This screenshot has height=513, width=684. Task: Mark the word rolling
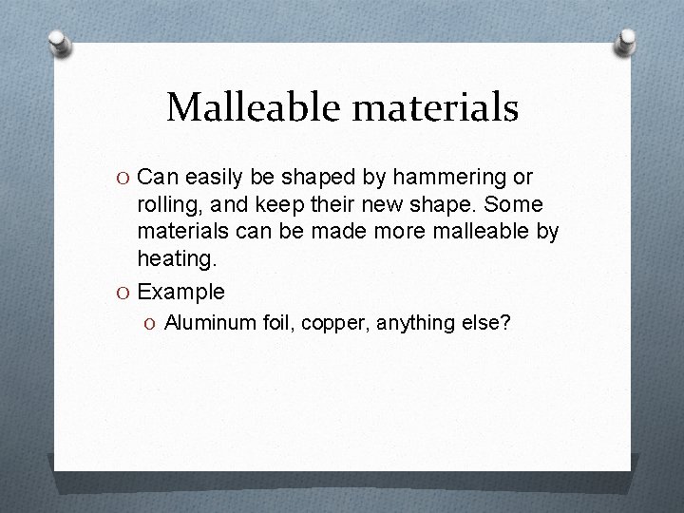click(x=167, y=205)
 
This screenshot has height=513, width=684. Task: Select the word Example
click(x=180, y=292)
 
